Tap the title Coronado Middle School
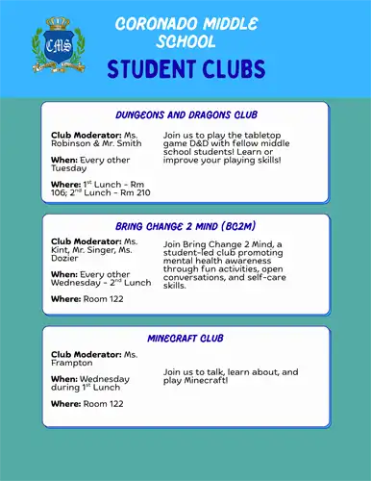[185, 32]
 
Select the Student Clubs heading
[185, 69]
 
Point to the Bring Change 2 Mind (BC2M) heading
[185, 226]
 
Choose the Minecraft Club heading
[185, 339]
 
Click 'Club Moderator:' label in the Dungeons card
[85, 136]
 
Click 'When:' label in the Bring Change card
[63, 274]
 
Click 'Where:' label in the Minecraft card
[65, 403]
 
